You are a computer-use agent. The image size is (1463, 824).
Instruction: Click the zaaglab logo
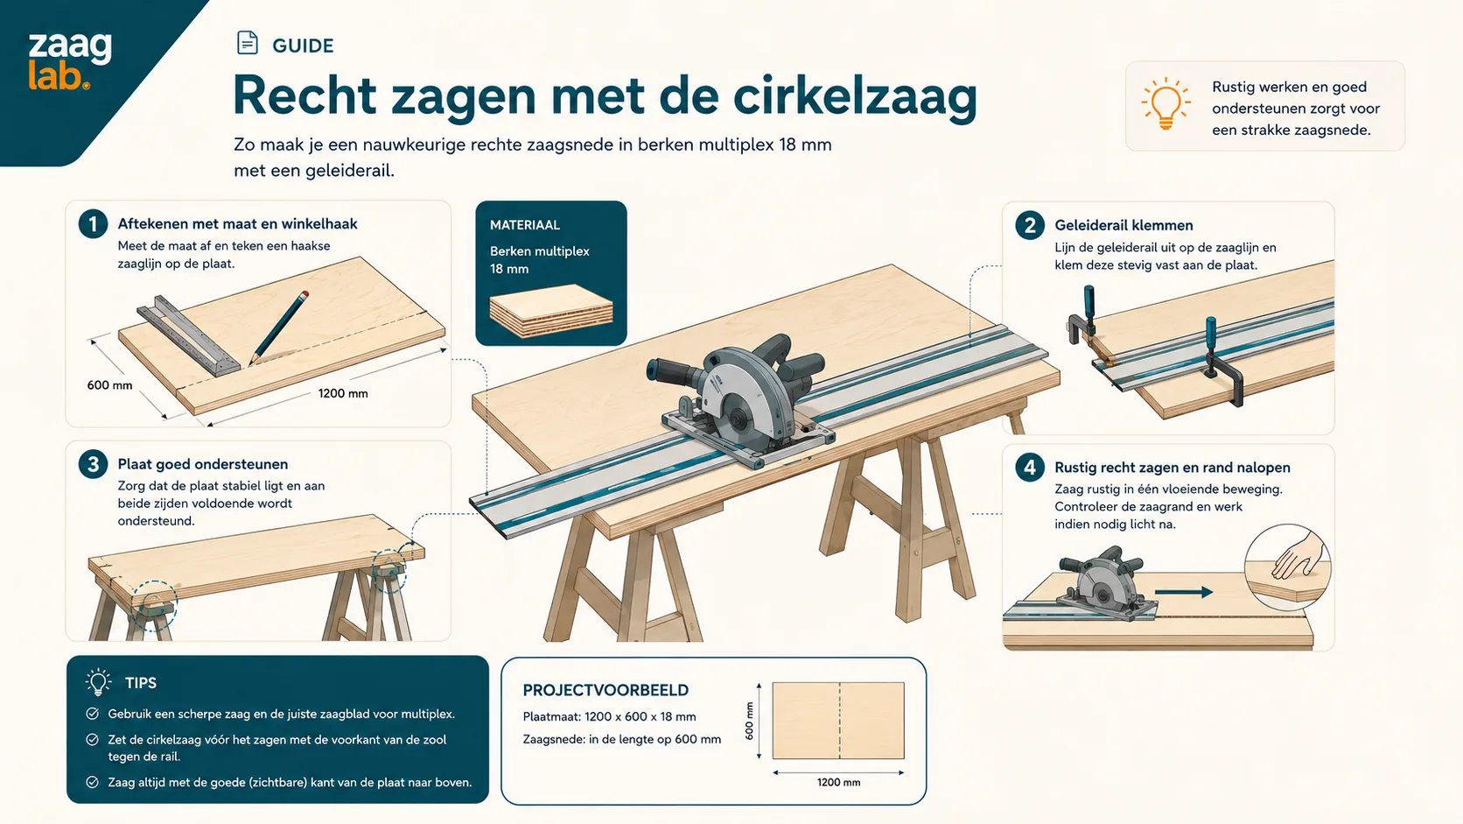pyautogui.click(x=70, y=61)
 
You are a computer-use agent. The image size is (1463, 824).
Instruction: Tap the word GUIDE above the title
pyautogui.click(x=303, y=46)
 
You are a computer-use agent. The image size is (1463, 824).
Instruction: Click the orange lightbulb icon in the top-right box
pyautogui.click(x=1165, y=104)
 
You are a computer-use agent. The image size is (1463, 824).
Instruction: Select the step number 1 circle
pyautogui.click(x=93, y=224)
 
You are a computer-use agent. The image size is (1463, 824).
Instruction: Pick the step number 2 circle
pyautogui.click(x=1029, y=225)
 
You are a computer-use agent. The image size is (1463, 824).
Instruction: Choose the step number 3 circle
pyautogui.click(x=93, y=464)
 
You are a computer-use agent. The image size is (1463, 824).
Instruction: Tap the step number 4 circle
pyautogui.click(x=1029, y=468)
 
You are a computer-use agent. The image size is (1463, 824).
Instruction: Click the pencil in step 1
pyautogui.click(x=279, y=327)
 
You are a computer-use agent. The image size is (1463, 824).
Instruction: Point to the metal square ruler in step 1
pyautogui.click(x=188, y=336)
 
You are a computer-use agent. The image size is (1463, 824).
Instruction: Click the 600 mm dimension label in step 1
pyautogui.click(x=109, y=385)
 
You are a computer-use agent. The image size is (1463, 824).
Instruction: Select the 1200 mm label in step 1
pyautogui.click(x=343, y=393)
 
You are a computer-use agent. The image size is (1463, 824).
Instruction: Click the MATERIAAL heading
pyautogui.click(x=524, y=225)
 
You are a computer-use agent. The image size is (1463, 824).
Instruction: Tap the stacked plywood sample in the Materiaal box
pyautogui.click(x=551, y=310)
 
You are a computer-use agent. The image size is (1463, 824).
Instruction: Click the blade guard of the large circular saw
pyautogui.click(x=745, y=385)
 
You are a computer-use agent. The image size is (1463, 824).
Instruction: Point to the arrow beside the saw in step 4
pyautogui.click(x=1184, y=592)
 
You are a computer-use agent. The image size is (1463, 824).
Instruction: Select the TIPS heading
pyautogui.click(x=140, y=683)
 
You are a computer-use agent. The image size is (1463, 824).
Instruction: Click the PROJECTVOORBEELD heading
pyautogui.click(x=605, y=690)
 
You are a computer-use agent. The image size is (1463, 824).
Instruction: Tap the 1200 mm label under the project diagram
pyautogui.click(x=838, y=782)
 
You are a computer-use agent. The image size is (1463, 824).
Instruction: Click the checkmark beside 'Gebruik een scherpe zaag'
pyautogui.click(x=93, y=714)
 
